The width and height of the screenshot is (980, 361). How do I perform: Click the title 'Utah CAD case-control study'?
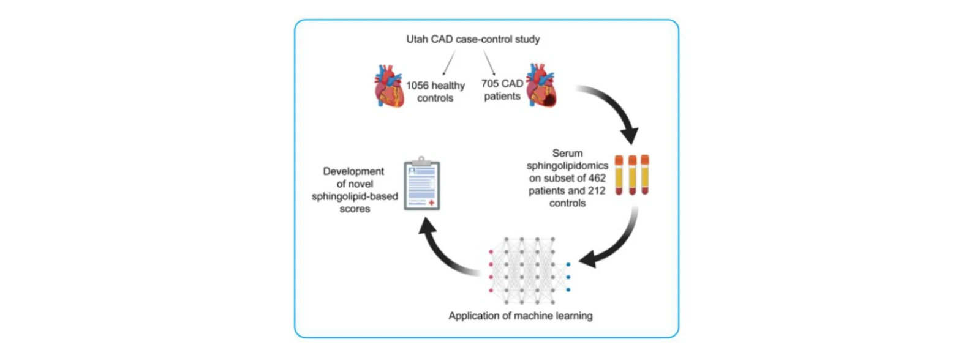coord(473,39)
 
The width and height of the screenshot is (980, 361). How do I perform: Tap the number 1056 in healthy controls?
coord(417,85)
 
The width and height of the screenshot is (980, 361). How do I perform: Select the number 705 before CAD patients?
coord(490,83)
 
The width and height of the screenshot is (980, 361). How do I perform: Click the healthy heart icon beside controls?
coord(388,86)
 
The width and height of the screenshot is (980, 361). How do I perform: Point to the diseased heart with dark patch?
coord(541,85)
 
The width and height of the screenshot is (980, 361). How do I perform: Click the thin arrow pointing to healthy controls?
coord(449,62)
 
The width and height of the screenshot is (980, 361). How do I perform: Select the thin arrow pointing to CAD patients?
coord(489,62)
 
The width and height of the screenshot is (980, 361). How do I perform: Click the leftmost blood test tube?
coord(619,175)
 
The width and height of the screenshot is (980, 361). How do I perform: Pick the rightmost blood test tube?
coord(645,174)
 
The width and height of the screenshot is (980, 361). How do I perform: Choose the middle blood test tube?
coord(632,175)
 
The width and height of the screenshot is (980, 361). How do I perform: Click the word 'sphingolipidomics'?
coord(567,166)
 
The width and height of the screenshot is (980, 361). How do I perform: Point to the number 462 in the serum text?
coord(597,178)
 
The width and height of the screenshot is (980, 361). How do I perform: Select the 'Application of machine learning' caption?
coord(521,316)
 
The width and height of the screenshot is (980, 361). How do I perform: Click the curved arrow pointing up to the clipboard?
coord(442,253)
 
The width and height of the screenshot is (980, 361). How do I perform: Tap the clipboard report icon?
coord(422,184)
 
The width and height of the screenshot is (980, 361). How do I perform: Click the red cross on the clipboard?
coord(431,203)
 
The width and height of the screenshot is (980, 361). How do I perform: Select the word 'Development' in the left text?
coord(353,171)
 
